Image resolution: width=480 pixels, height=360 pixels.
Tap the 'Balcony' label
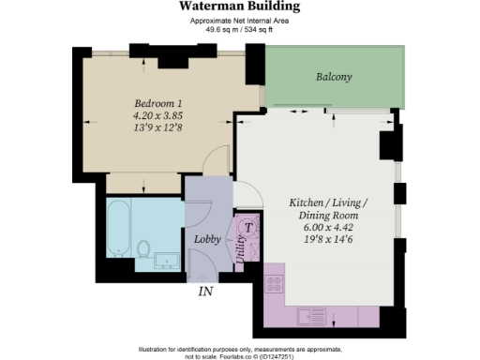click(x=333, y=78)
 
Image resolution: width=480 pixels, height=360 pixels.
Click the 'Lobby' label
click(x=206, y=239)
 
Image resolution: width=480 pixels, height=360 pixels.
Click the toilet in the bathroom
click(x=143, y=248)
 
